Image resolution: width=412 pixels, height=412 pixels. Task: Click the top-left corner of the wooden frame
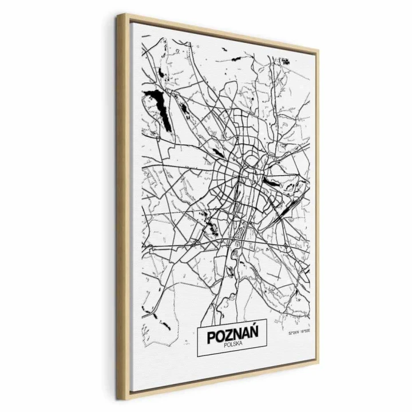(119, 15)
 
